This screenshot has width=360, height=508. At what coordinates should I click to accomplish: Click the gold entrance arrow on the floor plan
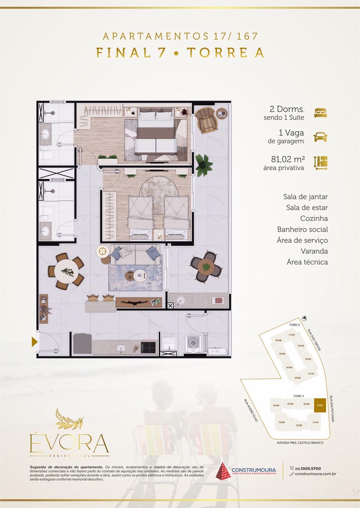[35, 342]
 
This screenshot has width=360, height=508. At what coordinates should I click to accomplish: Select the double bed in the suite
[156, 132]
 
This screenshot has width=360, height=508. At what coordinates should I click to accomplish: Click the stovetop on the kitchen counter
[148, 347]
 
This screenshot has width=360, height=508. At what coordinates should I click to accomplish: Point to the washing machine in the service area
[193, 343]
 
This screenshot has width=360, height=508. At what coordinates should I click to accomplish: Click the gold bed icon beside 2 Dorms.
[320, 113]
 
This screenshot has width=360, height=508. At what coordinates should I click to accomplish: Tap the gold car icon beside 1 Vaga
[320, 137]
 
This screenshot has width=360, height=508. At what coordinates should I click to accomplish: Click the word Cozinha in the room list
[313, 218]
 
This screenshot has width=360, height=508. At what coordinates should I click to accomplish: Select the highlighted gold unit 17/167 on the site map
[319, 405]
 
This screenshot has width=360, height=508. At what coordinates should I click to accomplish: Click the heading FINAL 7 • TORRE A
[180, 53]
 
